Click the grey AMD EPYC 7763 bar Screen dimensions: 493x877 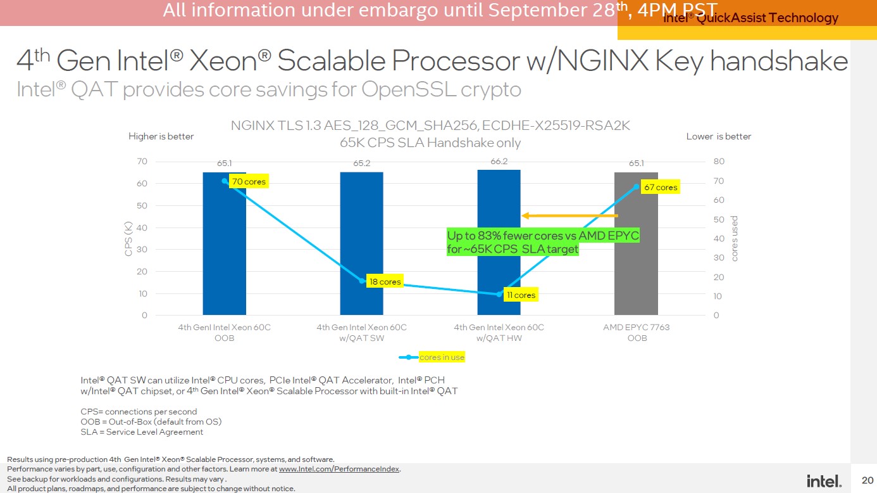point(636,253)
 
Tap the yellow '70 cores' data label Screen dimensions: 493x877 point(249,182)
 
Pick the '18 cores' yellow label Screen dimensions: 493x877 point(385,281)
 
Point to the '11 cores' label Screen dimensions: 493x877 point(521,295)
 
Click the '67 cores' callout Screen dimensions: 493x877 point(660,187)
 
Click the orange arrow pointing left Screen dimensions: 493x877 point(569,216)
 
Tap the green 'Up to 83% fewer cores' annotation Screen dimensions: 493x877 point(544,243)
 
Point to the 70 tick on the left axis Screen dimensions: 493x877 point(142,162)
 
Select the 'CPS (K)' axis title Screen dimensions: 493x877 point(128,238)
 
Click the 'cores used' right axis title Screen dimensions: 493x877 point(735,238)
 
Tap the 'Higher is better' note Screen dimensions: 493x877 point(161,136)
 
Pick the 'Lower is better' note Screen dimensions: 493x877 point(718,136)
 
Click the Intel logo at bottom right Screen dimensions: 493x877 point(824,481)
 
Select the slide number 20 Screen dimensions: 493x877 point(867,480)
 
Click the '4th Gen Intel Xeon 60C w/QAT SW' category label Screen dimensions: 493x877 point(361,333)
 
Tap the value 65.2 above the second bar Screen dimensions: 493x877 point(361,163)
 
